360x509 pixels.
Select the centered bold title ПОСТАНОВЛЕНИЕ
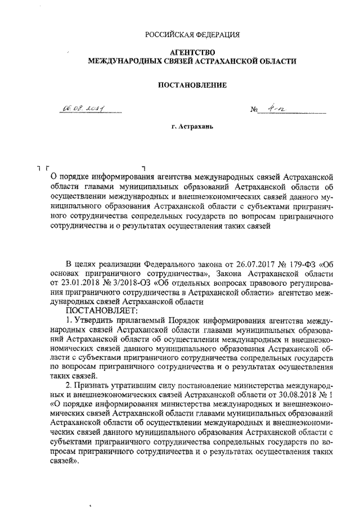193,85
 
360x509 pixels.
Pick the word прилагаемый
141,320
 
